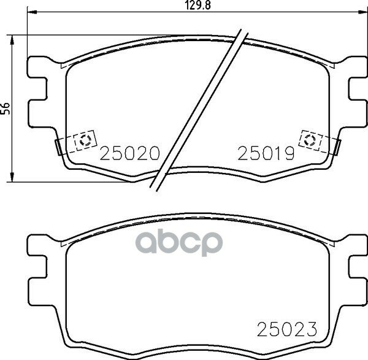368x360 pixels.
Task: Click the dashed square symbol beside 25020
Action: tap(83, 140)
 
